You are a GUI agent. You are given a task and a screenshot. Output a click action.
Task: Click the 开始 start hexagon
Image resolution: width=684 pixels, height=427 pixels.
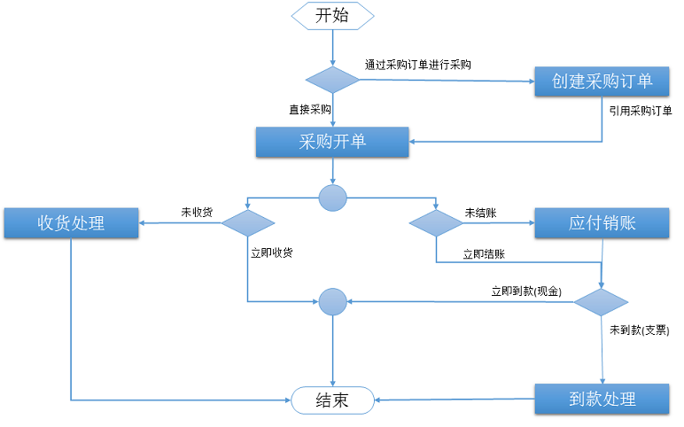pyautogui.click(x=332, y=16)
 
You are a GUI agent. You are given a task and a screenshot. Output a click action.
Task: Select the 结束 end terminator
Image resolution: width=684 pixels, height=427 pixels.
pyautogui.click(x=332, y=400)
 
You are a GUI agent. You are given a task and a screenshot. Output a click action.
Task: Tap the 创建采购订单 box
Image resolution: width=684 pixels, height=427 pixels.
pyautogui.click(x=602, y=82)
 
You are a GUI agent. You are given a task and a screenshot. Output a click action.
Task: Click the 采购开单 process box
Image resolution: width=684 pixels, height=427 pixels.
pyautogui.click(x=332, y=142)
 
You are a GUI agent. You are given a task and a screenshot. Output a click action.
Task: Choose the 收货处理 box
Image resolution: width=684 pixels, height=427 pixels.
pyautogui.click(x=71, y=223)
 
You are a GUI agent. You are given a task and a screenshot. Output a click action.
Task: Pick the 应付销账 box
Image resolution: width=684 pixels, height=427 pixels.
pyautogui.click(x=602, y=223)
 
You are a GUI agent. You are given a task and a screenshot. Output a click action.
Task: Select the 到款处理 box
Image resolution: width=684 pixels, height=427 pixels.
pyautogui.click(x=602, y=399)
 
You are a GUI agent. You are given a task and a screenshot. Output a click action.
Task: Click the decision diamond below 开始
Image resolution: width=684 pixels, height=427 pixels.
pyautogui.click(x=332, y=80)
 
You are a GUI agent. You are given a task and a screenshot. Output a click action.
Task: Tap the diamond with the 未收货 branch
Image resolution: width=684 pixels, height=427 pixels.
pyautogui.click(x=248, y=223)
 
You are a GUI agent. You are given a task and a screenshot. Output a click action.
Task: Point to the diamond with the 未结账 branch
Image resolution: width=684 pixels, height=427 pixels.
pyautogui.click(x=436, y=223)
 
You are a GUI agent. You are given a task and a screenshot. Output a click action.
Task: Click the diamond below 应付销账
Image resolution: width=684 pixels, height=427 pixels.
pyautogui.click(x=601, y=302)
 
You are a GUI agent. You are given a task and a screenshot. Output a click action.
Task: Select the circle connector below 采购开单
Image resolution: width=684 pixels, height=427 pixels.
pyautogui.click(x=333, y=198)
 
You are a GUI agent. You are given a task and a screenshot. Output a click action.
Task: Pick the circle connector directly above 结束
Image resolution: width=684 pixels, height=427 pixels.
pyautogui.click(x=333, y=302)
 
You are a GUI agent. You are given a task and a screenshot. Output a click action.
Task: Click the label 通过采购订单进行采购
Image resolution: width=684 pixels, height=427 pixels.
pyautogui.click(x=418, y=65)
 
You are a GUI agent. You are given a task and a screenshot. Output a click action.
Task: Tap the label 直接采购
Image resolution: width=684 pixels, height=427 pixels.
pyautogui.click(x=310, y=110)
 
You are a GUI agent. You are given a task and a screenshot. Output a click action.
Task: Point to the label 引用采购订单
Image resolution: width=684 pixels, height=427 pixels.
pyautogui.click(x=641, y=111)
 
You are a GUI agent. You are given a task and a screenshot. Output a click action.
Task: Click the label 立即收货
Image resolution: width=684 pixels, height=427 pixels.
pyautogui.click(x=272, y=253)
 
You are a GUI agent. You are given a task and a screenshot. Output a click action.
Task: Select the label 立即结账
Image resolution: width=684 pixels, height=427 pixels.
pyautogui.click(x=484, y=254)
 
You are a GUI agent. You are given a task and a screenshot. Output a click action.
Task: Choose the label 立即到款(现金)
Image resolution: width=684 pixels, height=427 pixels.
pyautogui.click(x=526, y=291)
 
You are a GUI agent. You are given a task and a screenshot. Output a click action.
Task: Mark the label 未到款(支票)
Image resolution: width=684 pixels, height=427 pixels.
pyautogui.click(x=640, y=330)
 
